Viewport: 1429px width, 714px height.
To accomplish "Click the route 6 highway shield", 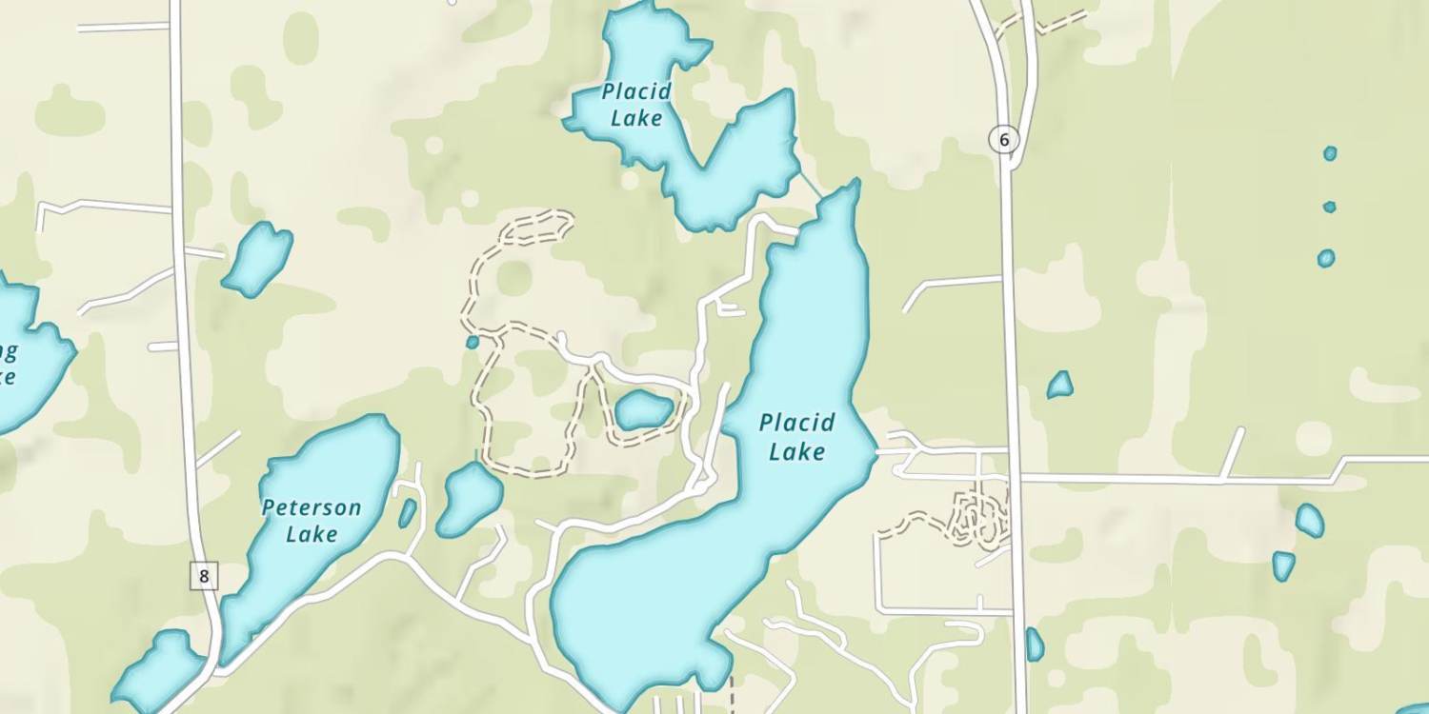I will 1003,140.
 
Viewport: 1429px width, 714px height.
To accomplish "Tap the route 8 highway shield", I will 204,575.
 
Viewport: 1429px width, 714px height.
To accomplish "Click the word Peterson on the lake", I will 312,507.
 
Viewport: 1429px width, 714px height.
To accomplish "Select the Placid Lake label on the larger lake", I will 796,436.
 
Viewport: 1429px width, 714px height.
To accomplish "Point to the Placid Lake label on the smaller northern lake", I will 636,105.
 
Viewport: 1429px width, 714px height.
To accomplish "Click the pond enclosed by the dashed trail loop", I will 643,410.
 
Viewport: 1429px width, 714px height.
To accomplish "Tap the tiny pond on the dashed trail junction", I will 472,342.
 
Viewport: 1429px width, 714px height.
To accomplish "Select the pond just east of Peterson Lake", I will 470,498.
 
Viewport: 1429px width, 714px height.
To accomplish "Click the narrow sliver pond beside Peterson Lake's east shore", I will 407,513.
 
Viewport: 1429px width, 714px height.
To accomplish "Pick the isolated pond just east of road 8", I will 257,257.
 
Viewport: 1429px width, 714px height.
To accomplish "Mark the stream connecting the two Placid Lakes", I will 811,184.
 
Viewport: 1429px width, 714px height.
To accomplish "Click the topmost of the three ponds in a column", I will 1330,153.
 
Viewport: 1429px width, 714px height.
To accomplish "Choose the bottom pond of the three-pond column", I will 1325,258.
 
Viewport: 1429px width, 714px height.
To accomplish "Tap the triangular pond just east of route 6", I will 1059,386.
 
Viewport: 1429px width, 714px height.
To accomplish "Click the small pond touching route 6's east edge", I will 1035,645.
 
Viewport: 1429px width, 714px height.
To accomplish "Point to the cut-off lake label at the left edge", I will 8,365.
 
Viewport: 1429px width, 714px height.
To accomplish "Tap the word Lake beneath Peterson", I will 312,533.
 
